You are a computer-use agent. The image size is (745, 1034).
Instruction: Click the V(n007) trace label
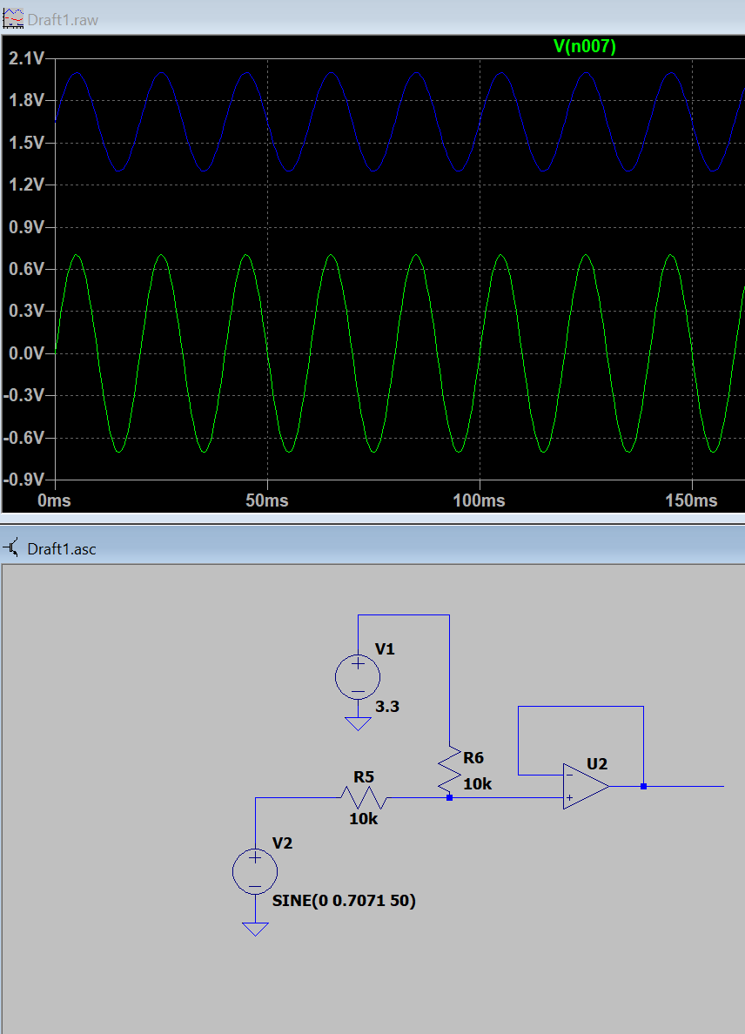(x=584, y=46)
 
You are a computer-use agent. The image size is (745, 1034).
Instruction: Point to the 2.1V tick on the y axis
(x=26, y=58)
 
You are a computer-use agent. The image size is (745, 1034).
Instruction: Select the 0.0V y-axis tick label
(x=26, y=353)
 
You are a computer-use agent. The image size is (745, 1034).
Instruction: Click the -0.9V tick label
(x=23, y=480)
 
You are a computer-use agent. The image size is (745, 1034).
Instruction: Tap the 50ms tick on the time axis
(x=267, y=500)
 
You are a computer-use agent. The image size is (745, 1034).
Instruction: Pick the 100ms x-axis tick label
(x=480, y=500)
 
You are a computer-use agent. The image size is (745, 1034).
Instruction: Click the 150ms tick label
(x=692, y=500)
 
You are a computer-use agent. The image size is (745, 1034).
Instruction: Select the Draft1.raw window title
(x=63, y=20)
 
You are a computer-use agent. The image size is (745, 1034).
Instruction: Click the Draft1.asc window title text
(x=62, y=548)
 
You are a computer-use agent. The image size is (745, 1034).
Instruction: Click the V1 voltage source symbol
(x=358, y=677)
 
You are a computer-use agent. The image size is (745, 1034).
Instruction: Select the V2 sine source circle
(x=255, y=872)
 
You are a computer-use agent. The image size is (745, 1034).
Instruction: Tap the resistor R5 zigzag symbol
(x=363, y=798)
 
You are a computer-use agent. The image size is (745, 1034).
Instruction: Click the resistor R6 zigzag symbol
(x=450, y=769)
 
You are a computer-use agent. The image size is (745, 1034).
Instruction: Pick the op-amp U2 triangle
(x=586, y=786)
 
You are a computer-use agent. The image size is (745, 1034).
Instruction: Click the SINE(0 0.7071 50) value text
(x=344, y=901)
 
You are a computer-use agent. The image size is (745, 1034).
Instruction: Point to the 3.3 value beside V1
(x=387, y=706)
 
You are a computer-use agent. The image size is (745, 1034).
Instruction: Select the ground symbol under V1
(x=358, y=724)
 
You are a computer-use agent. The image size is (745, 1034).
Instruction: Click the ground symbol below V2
(x=255, y=930)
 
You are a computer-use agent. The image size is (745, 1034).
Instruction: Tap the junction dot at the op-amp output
(x=643, y=786)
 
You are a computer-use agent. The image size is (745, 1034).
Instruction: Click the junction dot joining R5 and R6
(x=450, y=798)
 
